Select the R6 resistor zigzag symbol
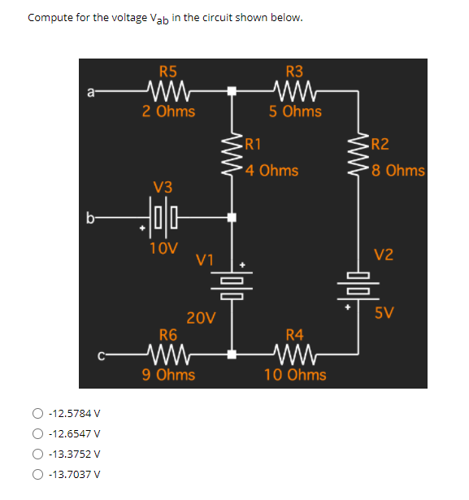point(169,354)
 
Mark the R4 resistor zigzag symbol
point(294,354)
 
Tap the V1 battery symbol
point(232,280)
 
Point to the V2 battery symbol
point(358,280)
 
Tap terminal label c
point(98,354)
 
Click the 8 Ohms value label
point(397,170)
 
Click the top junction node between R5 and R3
point(232,92)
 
